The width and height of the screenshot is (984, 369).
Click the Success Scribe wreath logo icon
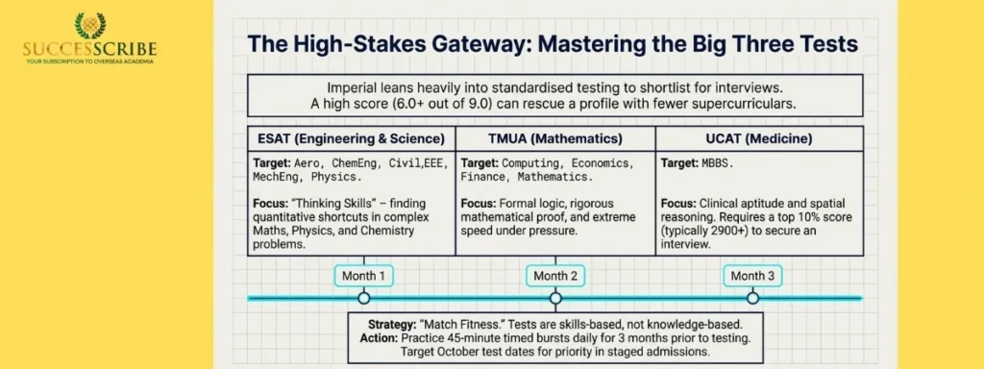pyautogui.click(x=89, y=24)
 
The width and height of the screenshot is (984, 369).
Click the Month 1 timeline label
pyautogui.click(x=363, y=276)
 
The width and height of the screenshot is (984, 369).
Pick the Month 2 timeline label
pyautogui.click(x=555, y=276)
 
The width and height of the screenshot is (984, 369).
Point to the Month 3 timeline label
pyautogui.click(x=752, y=276)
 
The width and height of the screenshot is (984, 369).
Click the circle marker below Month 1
pyautogui.click(x=363, y=299)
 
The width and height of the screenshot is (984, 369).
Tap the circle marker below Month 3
pyautogui.click(x=752, y=299)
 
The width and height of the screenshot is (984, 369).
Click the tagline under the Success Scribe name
pyautogui.click(x=89, y=61)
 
